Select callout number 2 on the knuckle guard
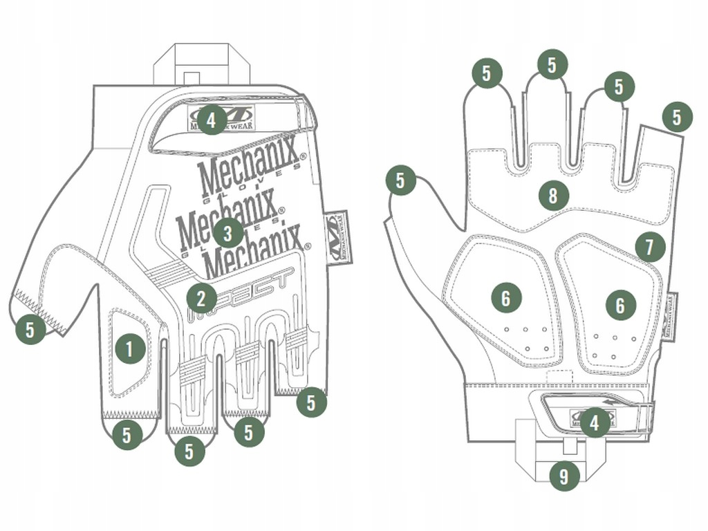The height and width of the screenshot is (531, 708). coord(201,299)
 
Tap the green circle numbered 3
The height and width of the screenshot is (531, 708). coord(228,233)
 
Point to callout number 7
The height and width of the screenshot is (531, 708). coord(650,247)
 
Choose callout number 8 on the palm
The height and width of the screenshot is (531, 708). coord(552,196)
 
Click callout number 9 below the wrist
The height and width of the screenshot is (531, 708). coord(564,476)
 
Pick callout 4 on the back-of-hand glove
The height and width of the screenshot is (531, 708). coord(212,120)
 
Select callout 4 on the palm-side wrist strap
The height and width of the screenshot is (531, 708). coord(595,422)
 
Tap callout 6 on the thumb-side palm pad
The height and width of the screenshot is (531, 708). coord(506,299)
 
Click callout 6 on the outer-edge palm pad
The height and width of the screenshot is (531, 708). coord(620,305)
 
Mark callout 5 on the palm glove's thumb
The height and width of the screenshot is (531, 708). coord(400,180)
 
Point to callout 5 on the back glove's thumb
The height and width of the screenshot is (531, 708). coord(30,329)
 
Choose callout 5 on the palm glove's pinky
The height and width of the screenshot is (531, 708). coord(677,117)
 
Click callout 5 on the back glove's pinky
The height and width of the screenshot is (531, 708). coord(311,402)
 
